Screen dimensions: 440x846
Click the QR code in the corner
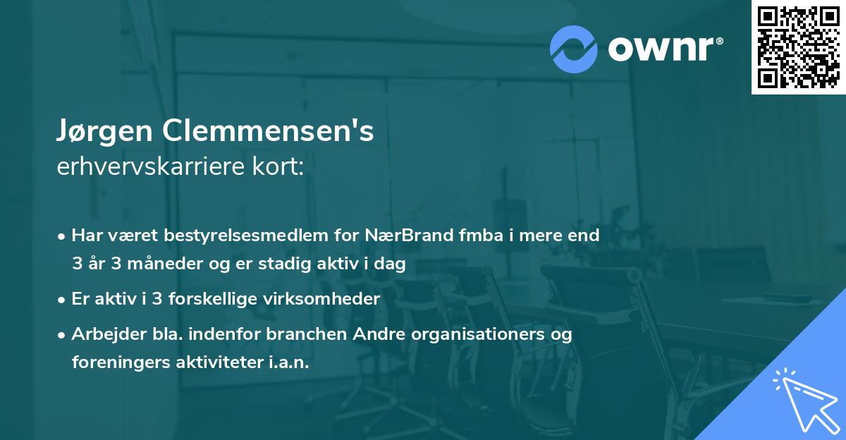pos(797,47)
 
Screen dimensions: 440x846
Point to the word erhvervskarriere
pos(140,167)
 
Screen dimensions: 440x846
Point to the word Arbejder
pos(102,334)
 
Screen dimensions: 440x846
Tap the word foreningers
pos(113,362)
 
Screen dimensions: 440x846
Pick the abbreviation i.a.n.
pos(288,362)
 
